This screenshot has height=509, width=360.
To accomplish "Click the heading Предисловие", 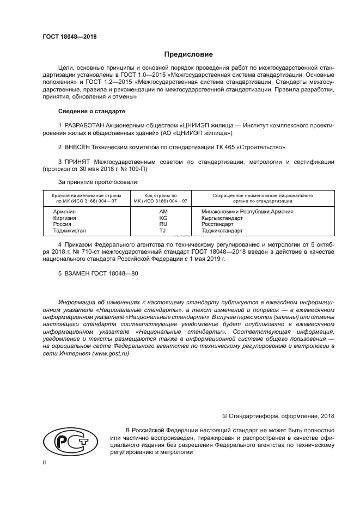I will [188, 54].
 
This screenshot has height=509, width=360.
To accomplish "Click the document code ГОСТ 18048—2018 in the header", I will [70, 37].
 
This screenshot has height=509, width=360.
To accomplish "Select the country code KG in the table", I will [162, 218].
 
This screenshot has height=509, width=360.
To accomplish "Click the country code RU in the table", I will [162, 224].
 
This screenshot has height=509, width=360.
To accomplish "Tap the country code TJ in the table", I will [162, 231].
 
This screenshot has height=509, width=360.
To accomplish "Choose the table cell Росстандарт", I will [217, 224].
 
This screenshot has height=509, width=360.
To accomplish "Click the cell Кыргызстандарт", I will [222, 218].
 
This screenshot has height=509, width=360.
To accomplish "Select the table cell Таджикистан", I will [69, 231].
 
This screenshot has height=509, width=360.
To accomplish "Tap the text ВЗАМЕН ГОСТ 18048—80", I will [98, 274].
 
